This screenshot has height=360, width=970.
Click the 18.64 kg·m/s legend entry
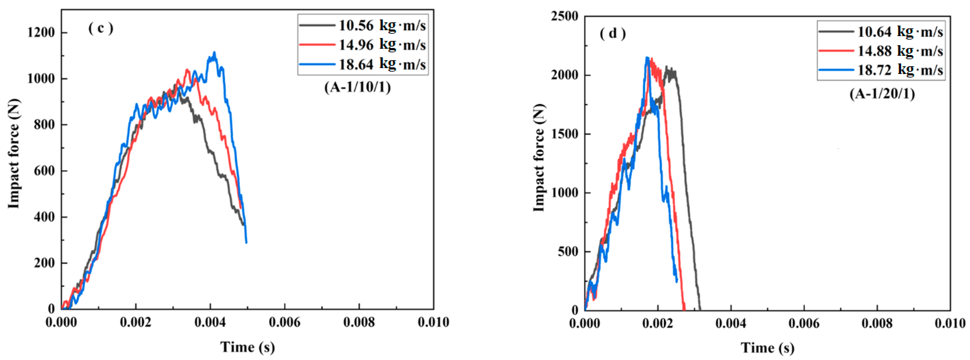pyautogui.click(x=363, y=64)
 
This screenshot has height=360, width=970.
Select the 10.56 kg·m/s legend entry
pyautogui.click(x=363, y=26)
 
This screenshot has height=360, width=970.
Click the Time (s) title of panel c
pyautogui.click(x=247, y=347)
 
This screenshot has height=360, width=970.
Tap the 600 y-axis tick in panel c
pyautogui.click(x=44, y=171)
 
